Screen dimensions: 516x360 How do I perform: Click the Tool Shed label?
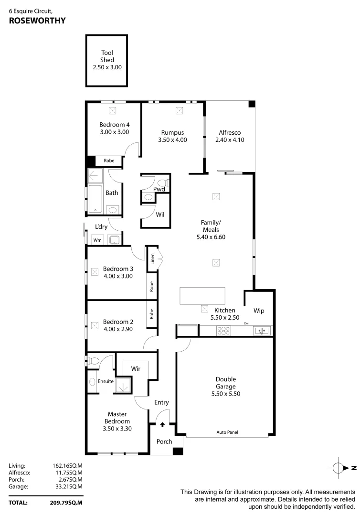(x=107, y=56)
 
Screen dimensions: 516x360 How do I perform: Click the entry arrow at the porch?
(x=162, y=424)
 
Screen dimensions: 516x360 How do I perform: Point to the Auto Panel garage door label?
(x=227, y=432)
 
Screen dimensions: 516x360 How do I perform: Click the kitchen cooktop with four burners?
(x=223, y=330)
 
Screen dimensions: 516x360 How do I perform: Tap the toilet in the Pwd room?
(x=163, y=182)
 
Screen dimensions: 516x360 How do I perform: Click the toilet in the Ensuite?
(x=94, y=361)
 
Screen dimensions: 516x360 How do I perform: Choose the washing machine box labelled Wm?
(x=97, y=240)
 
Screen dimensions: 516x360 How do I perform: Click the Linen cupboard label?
(x=153, y=259)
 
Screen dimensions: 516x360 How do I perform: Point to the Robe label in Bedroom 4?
(x=109, y=161)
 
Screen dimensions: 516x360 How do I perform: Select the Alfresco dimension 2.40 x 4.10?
(x=229, y=140)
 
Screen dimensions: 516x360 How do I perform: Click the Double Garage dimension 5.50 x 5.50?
(x=225, y=394)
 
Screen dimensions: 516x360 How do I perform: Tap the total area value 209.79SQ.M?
(x=67, y=502)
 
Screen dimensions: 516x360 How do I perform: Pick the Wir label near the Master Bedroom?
(x=136, y=368)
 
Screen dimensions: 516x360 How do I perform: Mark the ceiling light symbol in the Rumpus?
(x=179, y=111)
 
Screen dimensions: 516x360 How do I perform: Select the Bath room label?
(x=112, y=193)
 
